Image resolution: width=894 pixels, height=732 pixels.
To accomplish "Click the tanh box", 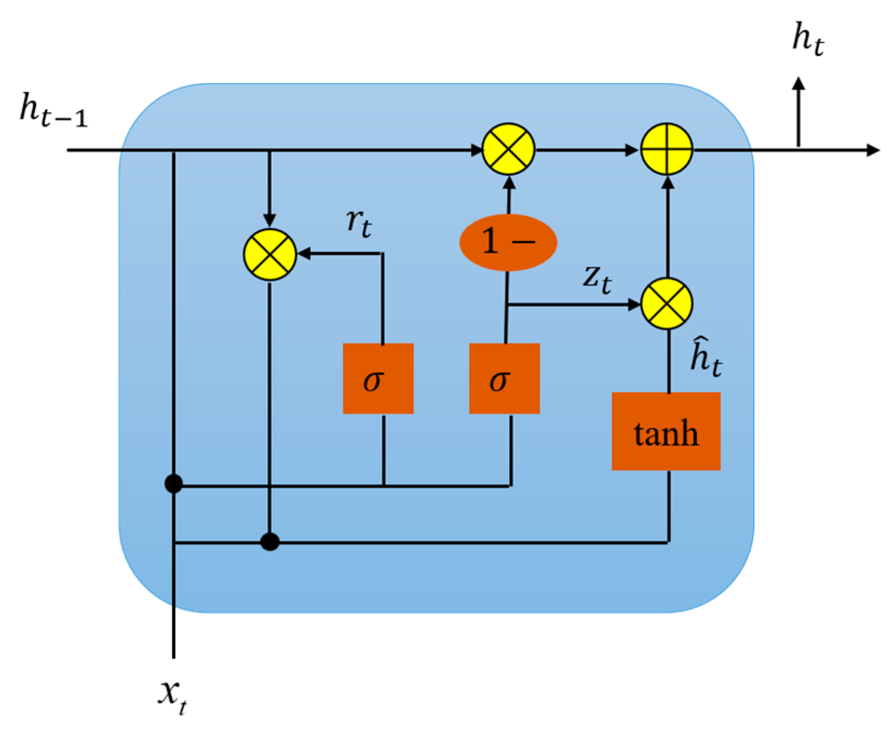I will coord(665,431).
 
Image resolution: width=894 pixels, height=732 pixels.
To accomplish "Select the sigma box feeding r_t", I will coord(378,378).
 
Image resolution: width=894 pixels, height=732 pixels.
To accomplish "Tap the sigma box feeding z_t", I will coord(504,378).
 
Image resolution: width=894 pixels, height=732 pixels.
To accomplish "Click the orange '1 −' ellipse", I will coord(507,242).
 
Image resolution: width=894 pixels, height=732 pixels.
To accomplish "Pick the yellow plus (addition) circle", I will coord(667,149).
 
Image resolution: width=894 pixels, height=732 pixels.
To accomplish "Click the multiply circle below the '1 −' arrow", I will coord(508,149).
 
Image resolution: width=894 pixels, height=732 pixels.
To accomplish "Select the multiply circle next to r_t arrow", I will coord(269,254).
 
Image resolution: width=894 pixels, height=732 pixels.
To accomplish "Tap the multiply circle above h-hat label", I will coord(667,304).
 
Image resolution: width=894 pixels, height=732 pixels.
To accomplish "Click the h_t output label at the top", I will coord(808,40).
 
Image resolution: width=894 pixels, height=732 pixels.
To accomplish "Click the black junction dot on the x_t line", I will coord(173,484).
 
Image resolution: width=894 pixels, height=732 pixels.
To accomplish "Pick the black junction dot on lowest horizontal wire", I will coord(269,541).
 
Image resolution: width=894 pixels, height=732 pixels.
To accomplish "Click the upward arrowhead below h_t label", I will coord(798,84).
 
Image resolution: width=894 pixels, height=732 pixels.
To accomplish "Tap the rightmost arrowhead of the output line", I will coord(872,150).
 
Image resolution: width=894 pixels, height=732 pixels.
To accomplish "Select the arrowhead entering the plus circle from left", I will coord(632,150).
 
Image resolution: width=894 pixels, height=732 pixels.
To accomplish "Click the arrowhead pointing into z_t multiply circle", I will coord(634,304).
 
